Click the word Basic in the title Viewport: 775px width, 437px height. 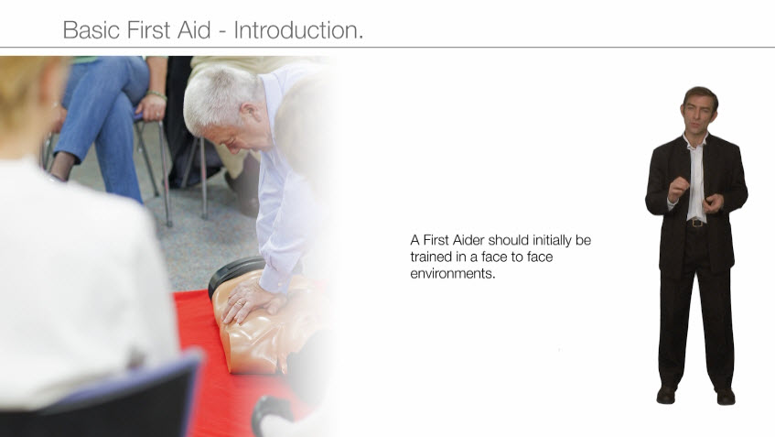coord(91,29)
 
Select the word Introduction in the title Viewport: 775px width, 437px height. coord(298,29)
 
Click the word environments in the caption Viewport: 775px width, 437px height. coord(453,274)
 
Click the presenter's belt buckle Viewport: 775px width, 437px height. coord(697,223)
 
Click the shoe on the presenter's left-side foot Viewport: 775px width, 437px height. coord(665,395)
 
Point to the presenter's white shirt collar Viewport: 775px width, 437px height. coord(696,139)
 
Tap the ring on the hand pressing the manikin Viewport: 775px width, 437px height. coord(239,304)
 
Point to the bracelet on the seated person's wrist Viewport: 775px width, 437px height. coord(156,94)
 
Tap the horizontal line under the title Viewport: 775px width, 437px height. coord(388,48)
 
